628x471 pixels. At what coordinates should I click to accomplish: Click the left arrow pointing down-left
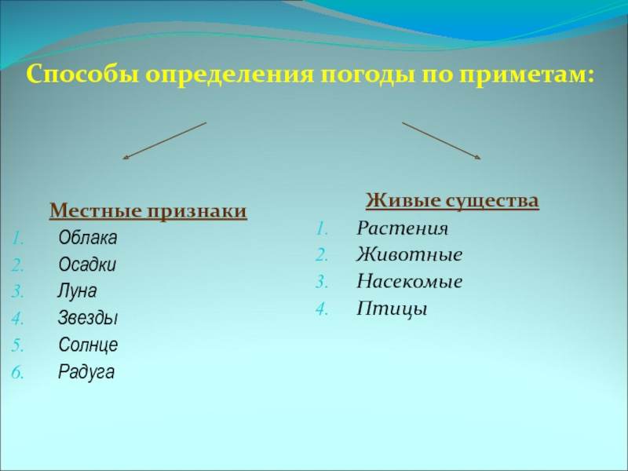click(165, 141)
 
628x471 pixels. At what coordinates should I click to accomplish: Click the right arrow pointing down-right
click(441, 141)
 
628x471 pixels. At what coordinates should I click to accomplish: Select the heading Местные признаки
click(148, 211)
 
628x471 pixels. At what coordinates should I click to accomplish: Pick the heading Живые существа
click(452, 202)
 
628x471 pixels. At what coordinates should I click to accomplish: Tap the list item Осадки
click(87, 265)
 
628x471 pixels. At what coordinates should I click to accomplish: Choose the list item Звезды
click(88, 318)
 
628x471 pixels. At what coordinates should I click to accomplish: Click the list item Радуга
click(86, 371)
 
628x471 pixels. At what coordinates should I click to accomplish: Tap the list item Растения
click(402, 229)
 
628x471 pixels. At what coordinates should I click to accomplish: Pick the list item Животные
click(409, 256)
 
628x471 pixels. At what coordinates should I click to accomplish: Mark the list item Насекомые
click(409, 282)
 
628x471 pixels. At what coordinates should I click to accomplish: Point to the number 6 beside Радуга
click(16, 372)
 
